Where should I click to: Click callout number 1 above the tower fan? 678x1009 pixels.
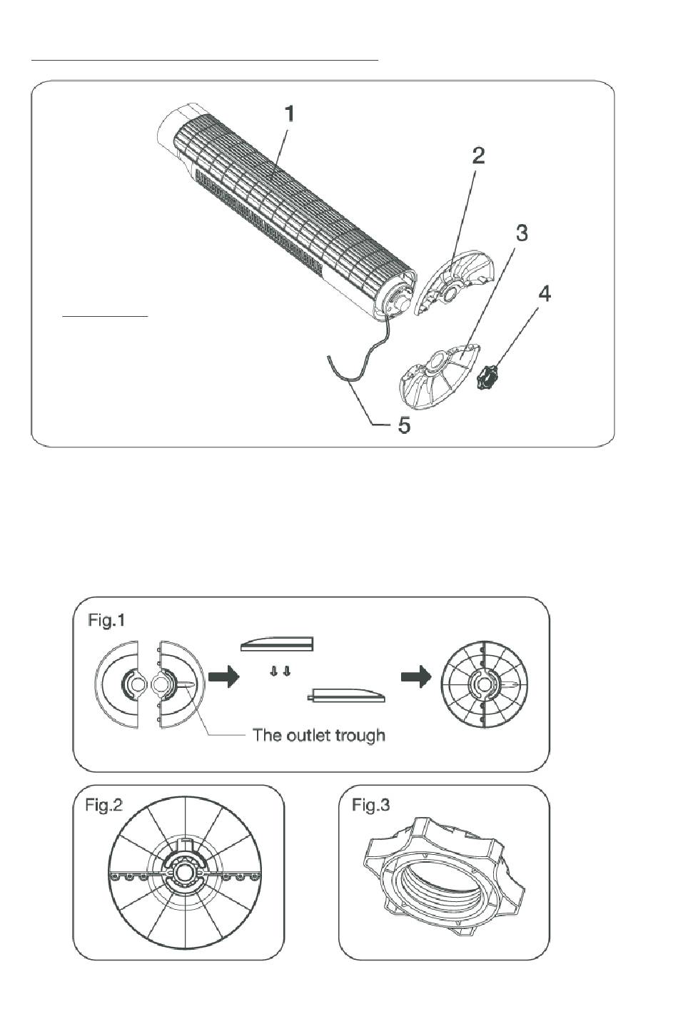[x=290, y=114]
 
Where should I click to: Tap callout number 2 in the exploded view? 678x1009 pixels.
[x=478, y=156]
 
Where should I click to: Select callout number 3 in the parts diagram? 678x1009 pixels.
[x=521, y=233]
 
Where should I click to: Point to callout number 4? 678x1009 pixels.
[x=545, y=294]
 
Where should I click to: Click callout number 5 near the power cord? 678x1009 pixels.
[x=404, y=425]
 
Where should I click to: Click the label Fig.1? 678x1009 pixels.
[x=106, y=621]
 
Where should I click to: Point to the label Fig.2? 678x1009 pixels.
[x=104, y=805]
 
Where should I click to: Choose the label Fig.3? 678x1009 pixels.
[x=371, y=805]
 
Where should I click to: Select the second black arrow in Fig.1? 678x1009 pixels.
[x=416, y=677]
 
